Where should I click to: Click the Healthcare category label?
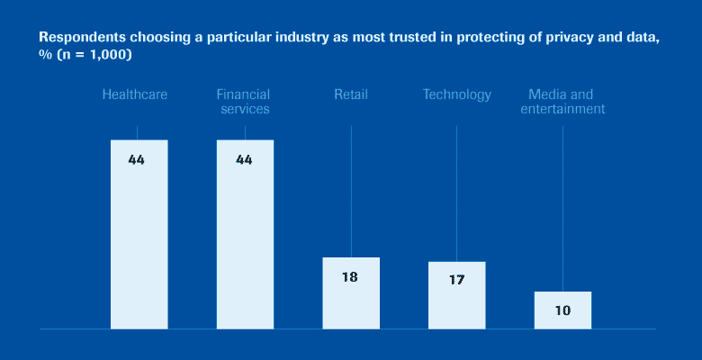click(135, 94)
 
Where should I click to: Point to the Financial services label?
click(243, 102)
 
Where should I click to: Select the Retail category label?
click(351, 94)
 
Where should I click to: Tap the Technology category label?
click(457, 94)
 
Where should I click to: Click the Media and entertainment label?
click(566, 102)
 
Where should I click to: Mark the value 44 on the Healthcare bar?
click(137, 160)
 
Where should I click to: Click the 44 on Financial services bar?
click(244, 160)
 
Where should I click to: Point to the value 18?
click(350, 277)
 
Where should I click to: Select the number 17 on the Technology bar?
click(456, 281)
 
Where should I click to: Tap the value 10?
click(562, 310)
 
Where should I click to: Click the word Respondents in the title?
click(77, 39)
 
